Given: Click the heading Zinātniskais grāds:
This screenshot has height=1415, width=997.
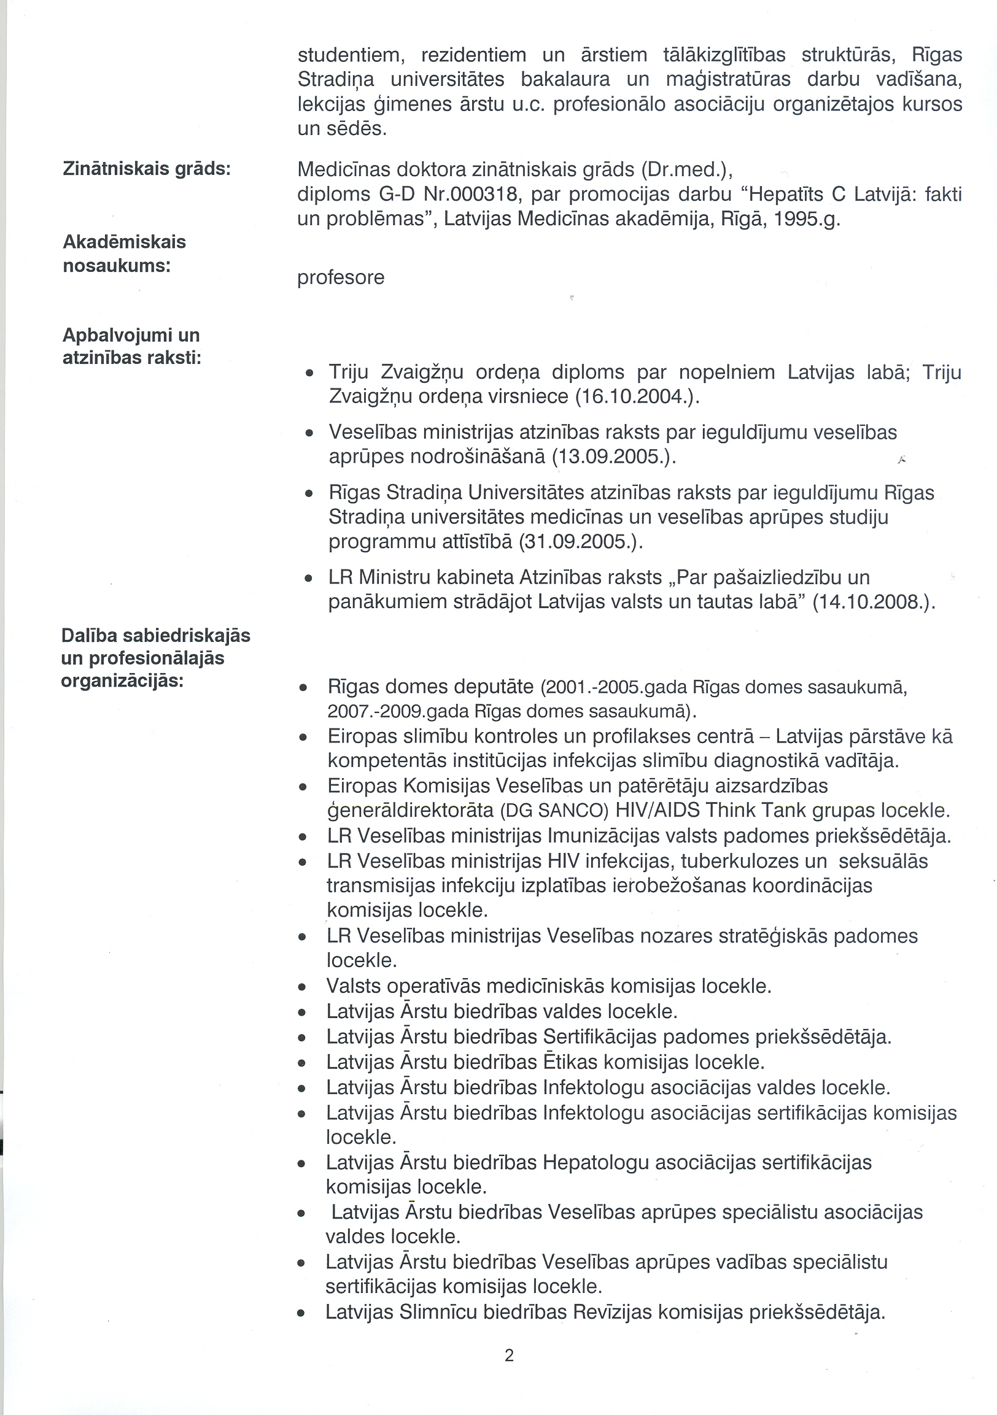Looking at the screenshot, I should click(147, 169).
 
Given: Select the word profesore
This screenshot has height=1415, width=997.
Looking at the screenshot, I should click(340, 277).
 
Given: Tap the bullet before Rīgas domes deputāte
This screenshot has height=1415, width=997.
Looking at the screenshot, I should click(303, 688).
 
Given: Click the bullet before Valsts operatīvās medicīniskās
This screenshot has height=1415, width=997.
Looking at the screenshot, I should click(302, 987).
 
